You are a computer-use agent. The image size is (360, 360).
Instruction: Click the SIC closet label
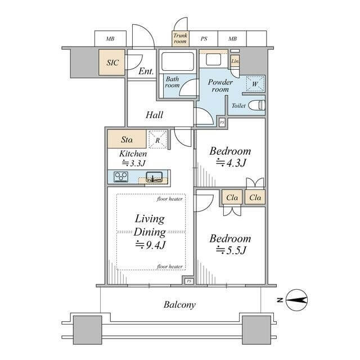pos(112,62)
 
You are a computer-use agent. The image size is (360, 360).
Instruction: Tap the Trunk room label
pos(180,38)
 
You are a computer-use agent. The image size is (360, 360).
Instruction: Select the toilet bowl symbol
pos(257,105)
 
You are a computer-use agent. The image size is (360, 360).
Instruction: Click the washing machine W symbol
pos(255,84)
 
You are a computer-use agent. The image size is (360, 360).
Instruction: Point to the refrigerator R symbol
pos(157,140)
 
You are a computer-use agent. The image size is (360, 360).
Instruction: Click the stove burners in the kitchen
pos(121,177)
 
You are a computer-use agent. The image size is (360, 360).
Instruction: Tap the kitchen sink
pos(154,177)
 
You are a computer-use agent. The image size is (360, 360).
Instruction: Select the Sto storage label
pos(127,139)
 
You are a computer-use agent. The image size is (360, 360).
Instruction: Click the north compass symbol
pos(296,300)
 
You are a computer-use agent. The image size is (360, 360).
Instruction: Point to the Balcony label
pos(179,305)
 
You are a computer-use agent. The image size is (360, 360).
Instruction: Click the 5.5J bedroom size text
pos(231,250)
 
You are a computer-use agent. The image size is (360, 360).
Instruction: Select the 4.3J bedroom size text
pos(231,163)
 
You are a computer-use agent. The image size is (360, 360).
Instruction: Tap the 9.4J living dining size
pos(150,245)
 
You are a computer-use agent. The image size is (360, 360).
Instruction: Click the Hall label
pos(154,115)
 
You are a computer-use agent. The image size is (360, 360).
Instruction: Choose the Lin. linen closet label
pos(235,61)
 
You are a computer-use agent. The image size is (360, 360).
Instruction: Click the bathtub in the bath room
pos(178,61)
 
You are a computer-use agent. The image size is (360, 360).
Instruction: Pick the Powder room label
pos(220,85)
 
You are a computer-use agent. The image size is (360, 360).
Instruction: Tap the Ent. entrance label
pos(146,71)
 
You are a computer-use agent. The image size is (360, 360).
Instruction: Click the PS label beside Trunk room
pos(204,39)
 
